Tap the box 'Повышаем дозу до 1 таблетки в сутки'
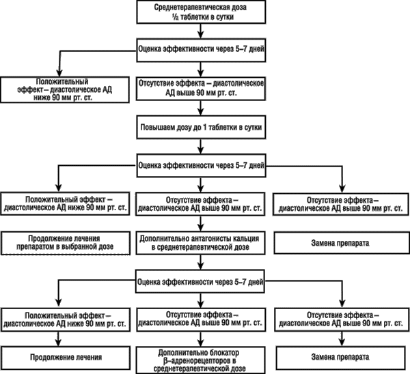pos(201,127)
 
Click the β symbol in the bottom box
pos(165,361)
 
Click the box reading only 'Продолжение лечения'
pos(66,358)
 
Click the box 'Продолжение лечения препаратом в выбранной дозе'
pos(66,243)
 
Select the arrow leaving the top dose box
pos(200,31)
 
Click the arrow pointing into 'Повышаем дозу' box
pos(200,108)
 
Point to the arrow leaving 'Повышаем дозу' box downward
pos(200,146)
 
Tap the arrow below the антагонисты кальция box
pos(200,262)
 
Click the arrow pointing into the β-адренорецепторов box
pos(200,339)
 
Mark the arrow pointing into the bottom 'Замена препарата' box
pos(342,339)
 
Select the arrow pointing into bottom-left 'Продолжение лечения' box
pos(59,339)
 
